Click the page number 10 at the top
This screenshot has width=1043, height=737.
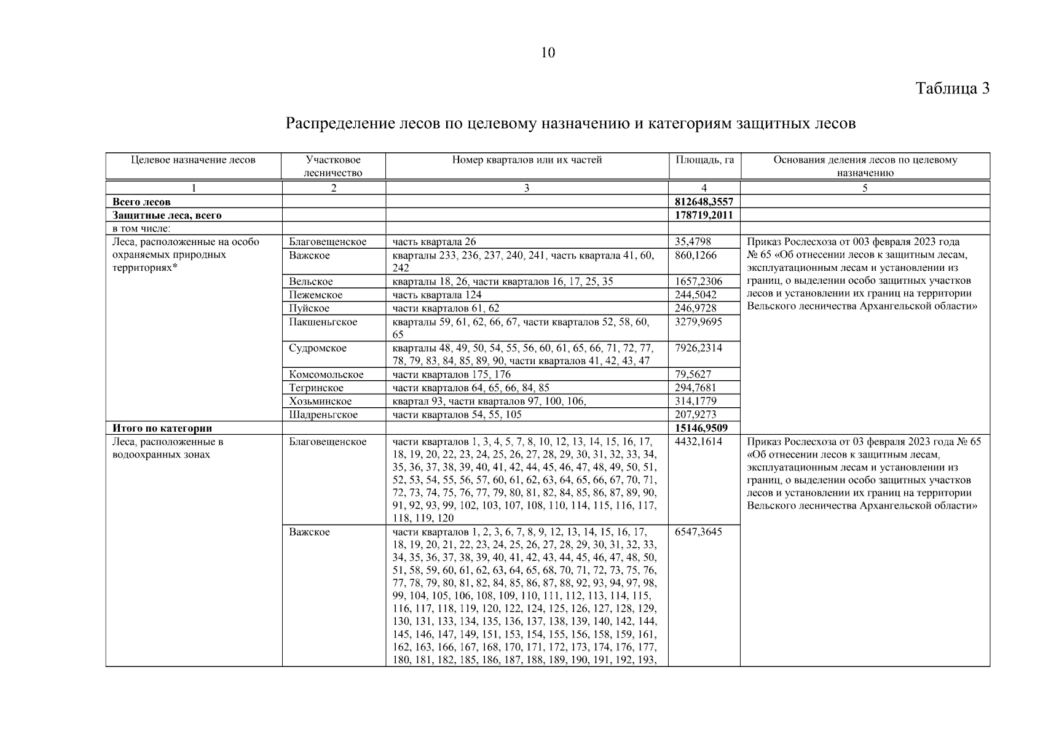point(548,53)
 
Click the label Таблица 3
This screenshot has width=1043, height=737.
point(952,88)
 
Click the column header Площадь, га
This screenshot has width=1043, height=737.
point(704,160)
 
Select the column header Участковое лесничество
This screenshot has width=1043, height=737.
point(334,166)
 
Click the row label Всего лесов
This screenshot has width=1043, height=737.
point(141,201)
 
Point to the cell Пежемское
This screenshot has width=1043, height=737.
point(316,295)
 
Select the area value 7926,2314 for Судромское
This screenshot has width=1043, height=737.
point(698,348)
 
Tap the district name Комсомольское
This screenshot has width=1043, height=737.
point(326,375)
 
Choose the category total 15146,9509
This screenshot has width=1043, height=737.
point(701,428)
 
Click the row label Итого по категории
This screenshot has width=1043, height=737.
point(162,428)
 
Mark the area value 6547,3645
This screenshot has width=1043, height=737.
point(698,532)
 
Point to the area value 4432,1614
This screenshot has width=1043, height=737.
point(698,442)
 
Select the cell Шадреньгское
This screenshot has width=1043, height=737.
point(323,415)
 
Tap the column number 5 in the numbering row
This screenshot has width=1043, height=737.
point(865,189)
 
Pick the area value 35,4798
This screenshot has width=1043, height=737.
point(693,242)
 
